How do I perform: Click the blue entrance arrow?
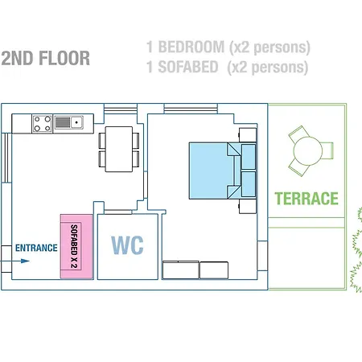tap(14, 261)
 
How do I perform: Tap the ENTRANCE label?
tap(36, 248)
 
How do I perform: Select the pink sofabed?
tap(76, 246)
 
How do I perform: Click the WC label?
tap(127, 245)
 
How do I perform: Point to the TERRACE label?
tap(306, 199)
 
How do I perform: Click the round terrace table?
tap(307, 151)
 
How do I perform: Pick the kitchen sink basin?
tap(76, 122)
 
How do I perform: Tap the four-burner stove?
tap(43, 124)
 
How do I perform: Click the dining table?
tap(119, 149)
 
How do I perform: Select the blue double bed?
tap(222, 171)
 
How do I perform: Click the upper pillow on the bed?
tap(249, 157)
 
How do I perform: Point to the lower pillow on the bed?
tap(249, 184)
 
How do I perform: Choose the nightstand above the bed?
tap(248, 135)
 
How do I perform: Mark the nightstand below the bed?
tap(248, 206)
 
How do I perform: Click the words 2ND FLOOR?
tap(46, 58)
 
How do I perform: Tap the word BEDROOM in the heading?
tap(191, 47)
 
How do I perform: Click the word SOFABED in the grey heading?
tap(188, 67)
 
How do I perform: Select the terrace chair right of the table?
tap(327, 150)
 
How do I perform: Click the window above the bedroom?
tap(191, 109)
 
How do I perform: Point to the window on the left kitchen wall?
tap(6, 158)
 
